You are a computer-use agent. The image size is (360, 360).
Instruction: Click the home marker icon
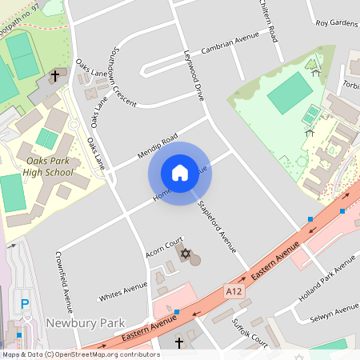(180, 173)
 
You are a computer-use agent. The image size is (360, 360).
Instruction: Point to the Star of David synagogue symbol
(186, 254)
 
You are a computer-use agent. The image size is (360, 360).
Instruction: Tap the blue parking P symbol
(25, 304)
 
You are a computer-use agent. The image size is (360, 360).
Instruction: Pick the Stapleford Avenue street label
(217, 225)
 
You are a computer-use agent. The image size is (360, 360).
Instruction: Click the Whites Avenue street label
(123, 291)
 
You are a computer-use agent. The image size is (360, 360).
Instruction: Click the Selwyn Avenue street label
(335, 310)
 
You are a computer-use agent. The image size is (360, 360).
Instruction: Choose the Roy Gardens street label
(336, 22)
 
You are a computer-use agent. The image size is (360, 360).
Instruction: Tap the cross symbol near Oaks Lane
(55, 77)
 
